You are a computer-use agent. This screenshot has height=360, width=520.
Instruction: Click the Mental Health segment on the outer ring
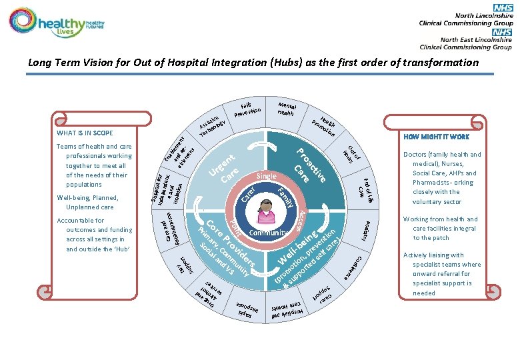point(285,108)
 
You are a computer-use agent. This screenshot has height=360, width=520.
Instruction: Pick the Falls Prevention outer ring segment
point(250,107)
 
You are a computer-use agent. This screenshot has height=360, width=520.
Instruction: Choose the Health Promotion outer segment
point(323,121)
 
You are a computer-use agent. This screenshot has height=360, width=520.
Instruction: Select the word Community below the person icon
point(268,233)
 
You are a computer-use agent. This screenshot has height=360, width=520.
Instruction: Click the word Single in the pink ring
point(267,176)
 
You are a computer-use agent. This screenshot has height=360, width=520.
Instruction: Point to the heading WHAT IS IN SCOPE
point(84,132)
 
